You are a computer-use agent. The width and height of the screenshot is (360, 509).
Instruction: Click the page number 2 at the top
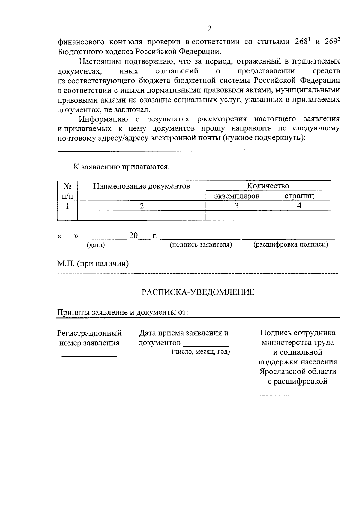[209, 29]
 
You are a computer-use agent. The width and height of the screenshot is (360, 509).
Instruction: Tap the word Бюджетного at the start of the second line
[79, 52]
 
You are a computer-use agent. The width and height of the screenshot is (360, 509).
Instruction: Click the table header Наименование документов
[142, 186]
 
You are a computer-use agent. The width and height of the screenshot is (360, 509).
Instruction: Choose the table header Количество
[268, 186]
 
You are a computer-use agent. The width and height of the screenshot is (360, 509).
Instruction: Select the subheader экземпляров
[237, 196]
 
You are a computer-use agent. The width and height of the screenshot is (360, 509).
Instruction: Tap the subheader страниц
[299, 196]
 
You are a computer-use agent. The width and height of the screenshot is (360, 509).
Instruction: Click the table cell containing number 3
[237, 206]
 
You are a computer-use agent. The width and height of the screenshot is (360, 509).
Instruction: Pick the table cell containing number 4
[299, 206]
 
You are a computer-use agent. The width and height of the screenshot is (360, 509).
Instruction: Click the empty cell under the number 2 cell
[142, 215]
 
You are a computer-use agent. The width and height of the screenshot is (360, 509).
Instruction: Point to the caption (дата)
[96, 245]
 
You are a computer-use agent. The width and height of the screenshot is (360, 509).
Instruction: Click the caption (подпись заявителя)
[201, 245]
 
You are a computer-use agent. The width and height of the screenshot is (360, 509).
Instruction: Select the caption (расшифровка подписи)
[291, 245]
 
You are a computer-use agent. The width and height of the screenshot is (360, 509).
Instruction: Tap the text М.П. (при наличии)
[93, 264]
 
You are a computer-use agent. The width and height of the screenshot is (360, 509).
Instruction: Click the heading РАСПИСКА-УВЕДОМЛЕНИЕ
[198, 292]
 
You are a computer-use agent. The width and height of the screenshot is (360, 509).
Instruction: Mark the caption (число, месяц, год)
[201, 352]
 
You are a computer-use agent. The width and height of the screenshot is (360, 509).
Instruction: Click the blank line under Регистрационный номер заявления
[89, 356]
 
